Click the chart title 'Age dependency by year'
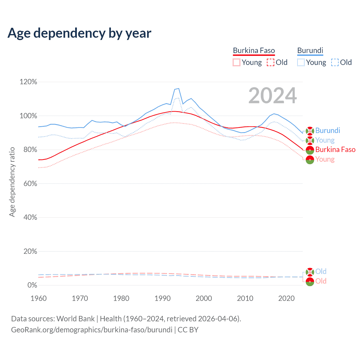79,33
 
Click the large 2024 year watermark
273,96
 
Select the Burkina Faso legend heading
254,51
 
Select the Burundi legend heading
310,51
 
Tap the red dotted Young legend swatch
237,62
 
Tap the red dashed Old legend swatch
271,62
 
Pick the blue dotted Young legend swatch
301,62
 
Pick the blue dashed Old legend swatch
335,62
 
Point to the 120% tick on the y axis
28,82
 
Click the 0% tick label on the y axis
32,285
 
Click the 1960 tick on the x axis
39,298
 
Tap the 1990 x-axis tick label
162,298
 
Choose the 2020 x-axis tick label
286,298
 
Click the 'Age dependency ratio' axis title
12,182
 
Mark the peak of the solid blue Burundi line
178,88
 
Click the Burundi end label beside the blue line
328,130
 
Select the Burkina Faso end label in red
335,149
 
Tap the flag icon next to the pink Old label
310,282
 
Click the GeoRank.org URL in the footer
92,330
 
